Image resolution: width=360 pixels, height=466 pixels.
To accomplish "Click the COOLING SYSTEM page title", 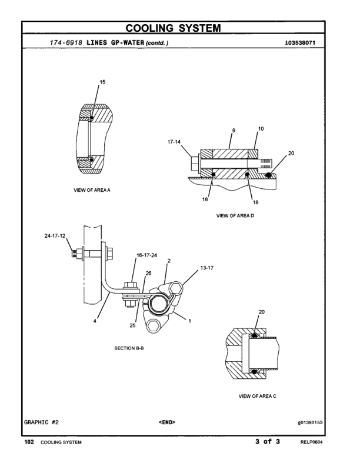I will [179, 28].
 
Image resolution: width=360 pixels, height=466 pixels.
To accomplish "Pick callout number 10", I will [261, 128].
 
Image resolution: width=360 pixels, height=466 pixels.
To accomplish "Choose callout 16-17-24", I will [147, 255].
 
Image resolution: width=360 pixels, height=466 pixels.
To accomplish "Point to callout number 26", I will [148, 273].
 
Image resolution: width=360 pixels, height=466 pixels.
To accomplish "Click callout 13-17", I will [206, 267].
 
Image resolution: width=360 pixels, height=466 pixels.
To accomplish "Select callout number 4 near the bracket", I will [98, 321].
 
